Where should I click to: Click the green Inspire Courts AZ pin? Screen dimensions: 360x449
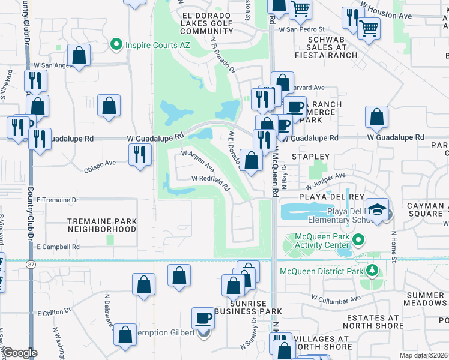[x=116, y=44]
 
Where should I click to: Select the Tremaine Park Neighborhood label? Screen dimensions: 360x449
[x=101, y=225]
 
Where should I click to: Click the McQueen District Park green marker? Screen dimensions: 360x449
[x=372, y=271]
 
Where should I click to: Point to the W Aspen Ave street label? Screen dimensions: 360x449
[x=197, y=161]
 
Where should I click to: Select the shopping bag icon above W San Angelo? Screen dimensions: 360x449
[x=79, y=55]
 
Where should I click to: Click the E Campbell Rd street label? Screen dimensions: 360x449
[x=58, y=247]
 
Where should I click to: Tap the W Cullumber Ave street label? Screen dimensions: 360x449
[x=336, y=298]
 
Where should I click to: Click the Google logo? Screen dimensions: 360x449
[x=20, y=353]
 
